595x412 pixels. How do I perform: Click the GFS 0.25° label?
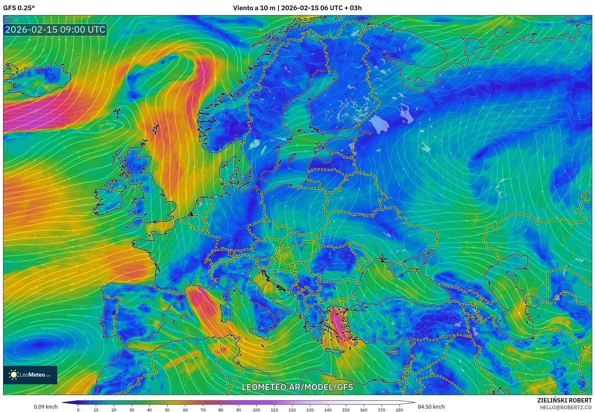point(19,8)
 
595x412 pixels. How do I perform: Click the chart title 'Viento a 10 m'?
point(254,8)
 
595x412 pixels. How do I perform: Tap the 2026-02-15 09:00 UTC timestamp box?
point(55,30)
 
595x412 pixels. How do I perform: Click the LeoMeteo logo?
point(30,375)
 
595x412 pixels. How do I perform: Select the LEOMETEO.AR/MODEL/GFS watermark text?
point(297,387)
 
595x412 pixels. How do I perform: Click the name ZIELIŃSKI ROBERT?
point(564,400)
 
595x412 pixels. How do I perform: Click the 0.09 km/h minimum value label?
point(46,407)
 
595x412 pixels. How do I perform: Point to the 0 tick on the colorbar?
point(78,410)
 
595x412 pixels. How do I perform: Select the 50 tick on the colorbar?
point(167,410)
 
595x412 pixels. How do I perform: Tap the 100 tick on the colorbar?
point(257,410)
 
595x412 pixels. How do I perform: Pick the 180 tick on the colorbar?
point(399,410)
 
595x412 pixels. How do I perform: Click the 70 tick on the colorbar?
point(203,410)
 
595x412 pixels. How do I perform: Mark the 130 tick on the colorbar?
point(310,410)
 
